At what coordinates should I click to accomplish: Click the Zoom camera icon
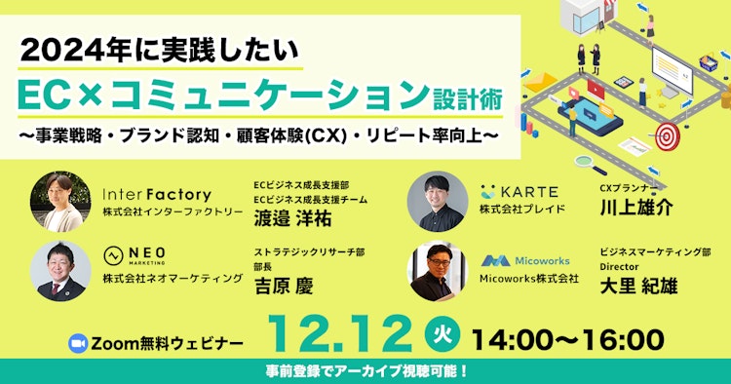click(79, 343)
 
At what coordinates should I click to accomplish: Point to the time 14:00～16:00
click(567, 339)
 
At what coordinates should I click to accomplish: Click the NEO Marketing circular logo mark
click(113, 254)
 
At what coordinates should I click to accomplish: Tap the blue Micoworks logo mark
click(497, 261)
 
